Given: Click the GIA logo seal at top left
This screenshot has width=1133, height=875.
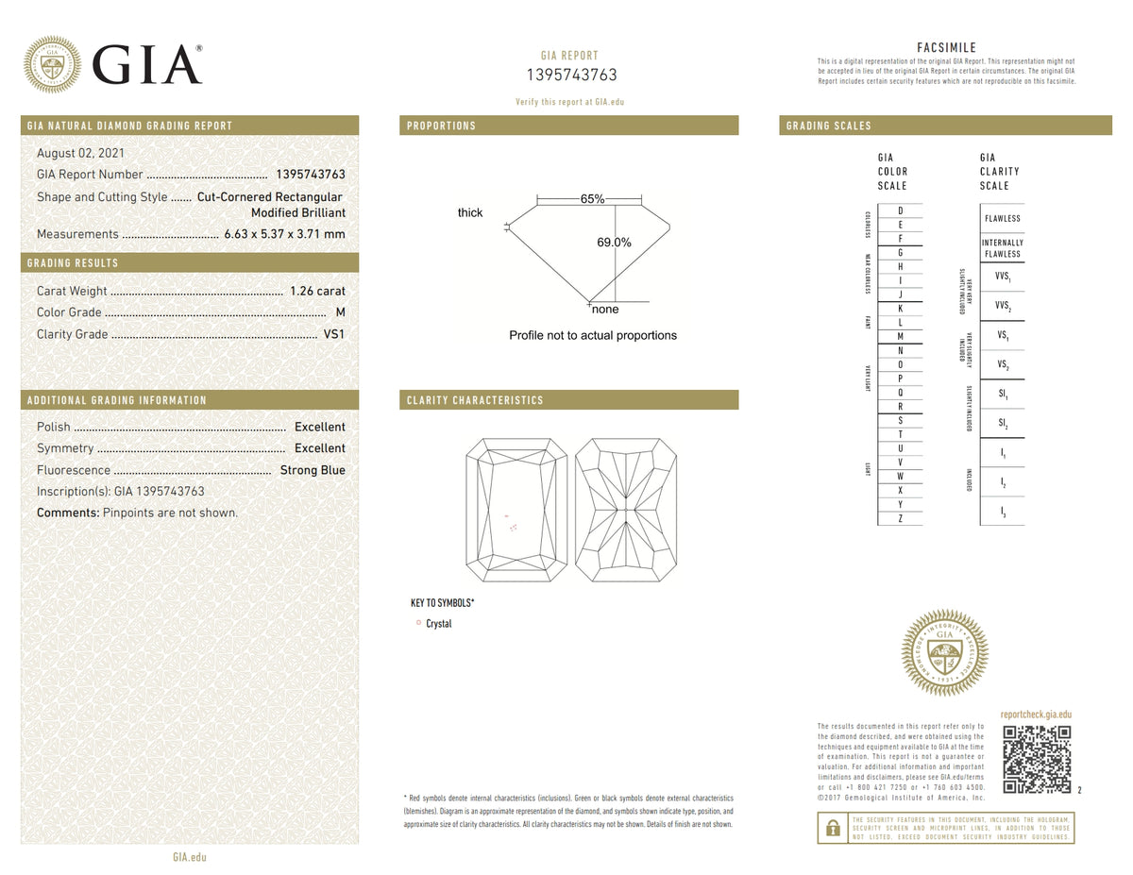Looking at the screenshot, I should [x=52, y=65].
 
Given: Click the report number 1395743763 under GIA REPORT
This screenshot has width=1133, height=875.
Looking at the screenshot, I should [x=570, y=76].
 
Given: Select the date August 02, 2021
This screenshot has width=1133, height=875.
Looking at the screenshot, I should [x=80, y=153].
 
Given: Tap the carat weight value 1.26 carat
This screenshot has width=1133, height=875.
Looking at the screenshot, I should [x=317, y=291].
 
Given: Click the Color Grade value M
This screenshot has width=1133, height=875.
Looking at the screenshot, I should [x=340, y=312].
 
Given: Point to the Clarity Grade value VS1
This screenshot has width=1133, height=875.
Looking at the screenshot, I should [x=334, y=334].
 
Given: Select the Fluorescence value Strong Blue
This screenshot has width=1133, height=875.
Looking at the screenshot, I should [x=313, y=470].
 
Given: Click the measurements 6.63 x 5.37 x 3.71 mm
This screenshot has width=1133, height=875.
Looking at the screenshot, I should [x=284, y=234].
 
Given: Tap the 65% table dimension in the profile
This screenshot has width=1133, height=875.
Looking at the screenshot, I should [x=592, y=199].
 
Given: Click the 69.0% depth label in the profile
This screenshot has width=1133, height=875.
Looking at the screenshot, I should [x=614, y=243].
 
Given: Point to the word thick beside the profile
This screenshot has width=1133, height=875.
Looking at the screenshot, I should [x=470, y=213].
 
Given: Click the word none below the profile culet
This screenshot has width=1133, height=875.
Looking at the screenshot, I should [x=605, y=310].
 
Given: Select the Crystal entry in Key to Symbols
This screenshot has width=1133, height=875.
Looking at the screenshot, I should [x=438, y=624].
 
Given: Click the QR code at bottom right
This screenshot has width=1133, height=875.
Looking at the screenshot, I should [x=1036, y=759].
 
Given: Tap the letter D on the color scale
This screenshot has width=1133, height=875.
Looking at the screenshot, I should [x=900, y=210].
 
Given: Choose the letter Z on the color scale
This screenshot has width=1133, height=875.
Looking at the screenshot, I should [x=900, y=518].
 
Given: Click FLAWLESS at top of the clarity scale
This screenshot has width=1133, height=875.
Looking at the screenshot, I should [x=1002, y=218].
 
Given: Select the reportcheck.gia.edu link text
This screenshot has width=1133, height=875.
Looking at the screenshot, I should [x=1036, y=715].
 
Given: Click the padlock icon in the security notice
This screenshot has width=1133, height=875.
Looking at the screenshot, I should [x=833, y=828].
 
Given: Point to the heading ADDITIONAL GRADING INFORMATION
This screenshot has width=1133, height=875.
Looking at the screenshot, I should [x=117, y=400].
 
